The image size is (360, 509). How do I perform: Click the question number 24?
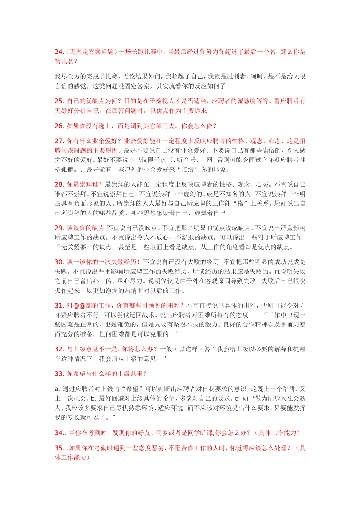pyautogui.click(x=59, y=52)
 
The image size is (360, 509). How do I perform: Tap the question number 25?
pyautogui.click(x=59, y=101)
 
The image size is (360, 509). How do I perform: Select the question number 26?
pyautogui.click(x=59, y=126)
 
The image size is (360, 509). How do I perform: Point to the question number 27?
pyautogui.click(x=59, y=141)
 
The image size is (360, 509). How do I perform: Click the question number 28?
pyautogui.click(x=59, y=184)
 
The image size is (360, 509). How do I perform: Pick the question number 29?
pyautogui.click(x=59, y=228)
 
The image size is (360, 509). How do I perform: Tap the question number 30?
pyautogui.click(x=59, y=262)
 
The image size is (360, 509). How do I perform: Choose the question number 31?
pyautogui.click(x=59, y=306)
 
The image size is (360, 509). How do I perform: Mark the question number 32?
pyautogui.click(x=59, y=349)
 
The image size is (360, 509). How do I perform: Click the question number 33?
pyautogui.click(x=59, y=374)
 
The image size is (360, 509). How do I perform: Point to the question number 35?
pyautogui.click(x=59, y=448)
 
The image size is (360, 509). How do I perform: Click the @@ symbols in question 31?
pyautogui.click(x=79, y=306)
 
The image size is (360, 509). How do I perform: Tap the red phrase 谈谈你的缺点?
pyautogui.click(x=86, y=228)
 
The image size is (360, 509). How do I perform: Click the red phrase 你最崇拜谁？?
pyautogui.click(x=85, y=184)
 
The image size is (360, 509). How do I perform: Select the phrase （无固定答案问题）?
pyautogui.click(x=92, y=52)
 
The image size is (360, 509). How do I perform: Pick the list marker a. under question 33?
pyautogui.click(x=57, y=389)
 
